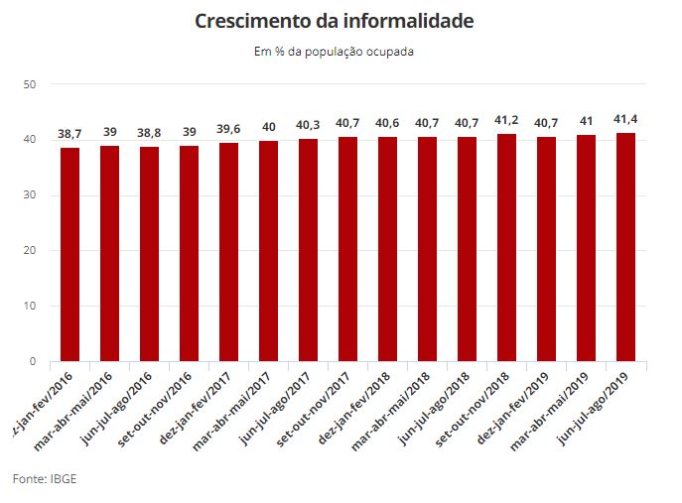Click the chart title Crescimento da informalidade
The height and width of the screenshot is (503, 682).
pos(334,21)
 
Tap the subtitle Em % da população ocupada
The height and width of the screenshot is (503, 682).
pos(334,52)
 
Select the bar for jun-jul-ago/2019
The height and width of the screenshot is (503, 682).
pos(625,247)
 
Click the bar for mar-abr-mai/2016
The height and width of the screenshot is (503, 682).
pos(109,253)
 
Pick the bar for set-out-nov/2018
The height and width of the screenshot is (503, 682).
pos(506,247)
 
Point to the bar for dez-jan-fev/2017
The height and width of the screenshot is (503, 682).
pos(228,252)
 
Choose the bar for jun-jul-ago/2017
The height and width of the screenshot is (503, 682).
pos(308,250)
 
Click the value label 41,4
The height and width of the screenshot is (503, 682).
pos(625,119)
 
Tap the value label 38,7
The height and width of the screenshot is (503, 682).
pos(69,133)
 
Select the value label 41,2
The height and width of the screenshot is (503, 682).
pos(506,120)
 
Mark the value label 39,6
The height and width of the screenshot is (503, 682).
pos(228,129)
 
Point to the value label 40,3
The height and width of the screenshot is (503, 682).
pos(308,125)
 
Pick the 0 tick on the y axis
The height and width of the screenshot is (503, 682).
pos(32,362)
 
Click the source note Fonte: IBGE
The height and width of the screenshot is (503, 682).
pos(45,479)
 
